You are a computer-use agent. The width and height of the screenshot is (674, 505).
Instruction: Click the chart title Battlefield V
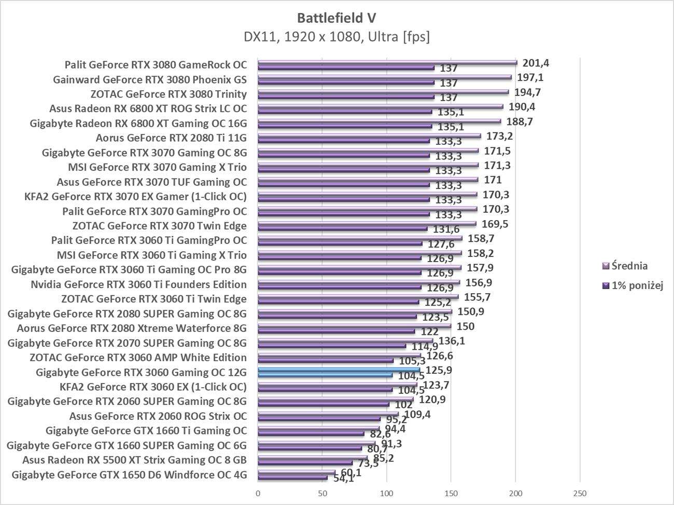pos(336,18)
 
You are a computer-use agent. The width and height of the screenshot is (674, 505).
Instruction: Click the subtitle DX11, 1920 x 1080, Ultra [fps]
pos(336,37)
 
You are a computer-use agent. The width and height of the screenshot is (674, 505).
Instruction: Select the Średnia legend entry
pos(629,266)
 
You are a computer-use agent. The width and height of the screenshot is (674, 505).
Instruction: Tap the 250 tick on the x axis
pos(580,493)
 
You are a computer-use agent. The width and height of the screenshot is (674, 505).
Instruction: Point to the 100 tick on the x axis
pos(387,493)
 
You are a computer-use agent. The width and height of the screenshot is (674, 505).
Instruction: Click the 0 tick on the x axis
pos(258,493)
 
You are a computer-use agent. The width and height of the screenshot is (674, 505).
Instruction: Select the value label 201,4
pos(536,63)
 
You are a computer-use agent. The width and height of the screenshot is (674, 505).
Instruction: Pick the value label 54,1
pos(343,479)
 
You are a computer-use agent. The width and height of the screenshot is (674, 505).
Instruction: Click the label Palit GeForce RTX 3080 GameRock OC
pos(156,65)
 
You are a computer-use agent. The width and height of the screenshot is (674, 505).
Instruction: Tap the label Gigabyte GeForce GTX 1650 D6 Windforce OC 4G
pos(129,474)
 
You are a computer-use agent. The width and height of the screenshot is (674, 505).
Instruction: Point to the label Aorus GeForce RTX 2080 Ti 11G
pos(171,138)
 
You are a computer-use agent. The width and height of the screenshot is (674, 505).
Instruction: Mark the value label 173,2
pos(499,137)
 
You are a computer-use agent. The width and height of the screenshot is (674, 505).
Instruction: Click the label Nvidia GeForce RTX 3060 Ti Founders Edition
pos(138,284)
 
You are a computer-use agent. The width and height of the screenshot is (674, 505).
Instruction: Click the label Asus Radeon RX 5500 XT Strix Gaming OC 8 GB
pos(134,460)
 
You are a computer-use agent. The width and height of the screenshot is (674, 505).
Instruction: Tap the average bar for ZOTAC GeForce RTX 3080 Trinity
pos(383,92)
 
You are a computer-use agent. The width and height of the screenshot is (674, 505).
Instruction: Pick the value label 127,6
pos(441,244)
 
